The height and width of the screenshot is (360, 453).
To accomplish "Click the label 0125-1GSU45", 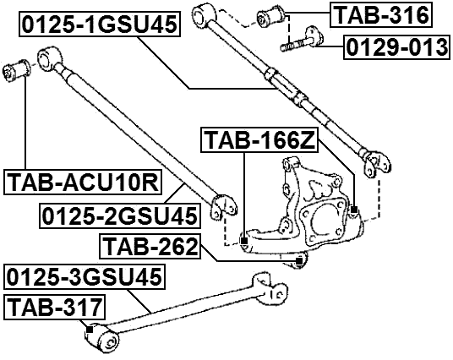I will [100, 26].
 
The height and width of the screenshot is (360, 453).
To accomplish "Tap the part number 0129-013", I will [396, 47].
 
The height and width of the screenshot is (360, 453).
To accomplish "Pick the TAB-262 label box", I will [150, 247].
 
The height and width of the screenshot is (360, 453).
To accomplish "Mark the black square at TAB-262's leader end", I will [299, 262].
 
